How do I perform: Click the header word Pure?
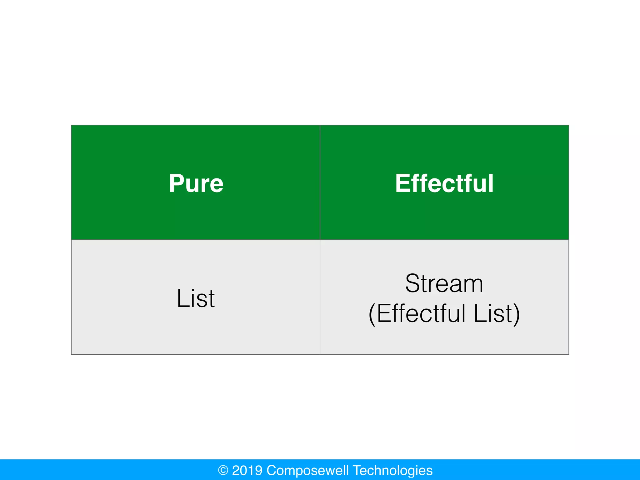tap(196, 183)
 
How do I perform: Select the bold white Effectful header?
tap(444, 183)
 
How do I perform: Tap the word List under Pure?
tap(196, 298)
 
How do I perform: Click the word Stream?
tap(444, 283)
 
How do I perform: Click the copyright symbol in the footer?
tap(223, 470)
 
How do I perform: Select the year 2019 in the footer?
tap(247, 470)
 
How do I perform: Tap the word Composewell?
tap(307, 470)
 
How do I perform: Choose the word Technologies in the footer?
tap(392, 470)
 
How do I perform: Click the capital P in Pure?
tap(176, 183)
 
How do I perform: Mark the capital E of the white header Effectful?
tap(402, 183)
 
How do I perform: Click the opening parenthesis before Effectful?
tap(372, 314)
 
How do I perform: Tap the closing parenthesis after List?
tap(517, 314)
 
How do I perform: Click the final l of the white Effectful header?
tap(491, 183)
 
